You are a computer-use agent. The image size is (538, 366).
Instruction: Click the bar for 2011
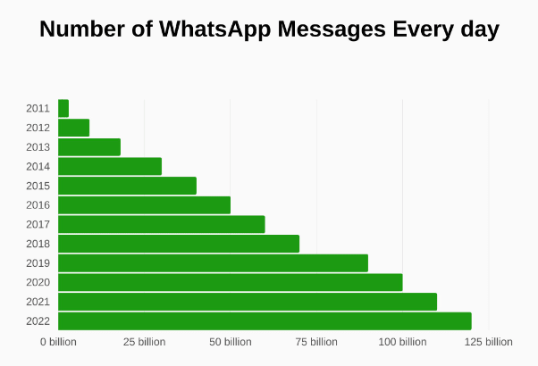[x=63, y=108]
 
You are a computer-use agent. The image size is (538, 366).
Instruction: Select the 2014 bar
[x=110, y=166]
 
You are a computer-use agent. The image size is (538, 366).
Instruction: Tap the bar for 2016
[x=145, y=205]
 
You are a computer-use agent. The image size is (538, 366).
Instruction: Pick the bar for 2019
[x=213, y=263]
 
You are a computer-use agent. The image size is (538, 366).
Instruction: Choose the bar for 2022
[x=265, y=321]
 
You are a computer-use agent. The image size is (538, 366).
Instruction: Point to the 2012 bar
[x=74, y=128]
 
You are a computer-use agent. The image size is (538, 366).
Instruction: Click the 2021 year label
[x=38, y=302]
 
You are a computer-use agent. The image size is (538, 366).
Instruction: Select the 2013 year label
[x=38, y=147]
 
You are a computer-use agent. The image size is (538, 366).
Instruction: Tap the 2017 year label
[x=38, y=224]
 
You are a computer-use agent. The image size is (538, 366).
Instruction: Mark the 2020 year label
[x=38, y=282]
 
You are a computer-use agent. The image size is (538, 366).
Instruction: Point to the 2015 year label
[x=38, y=186]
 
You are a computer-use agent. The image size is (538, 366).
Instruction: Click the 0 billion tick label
[x=58, y=342]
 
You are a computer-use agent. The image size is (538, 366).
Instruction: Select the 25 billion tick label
[x=145, y=342]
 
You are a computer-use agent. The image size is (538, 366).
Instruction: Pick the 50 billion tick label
[x=231, y=342]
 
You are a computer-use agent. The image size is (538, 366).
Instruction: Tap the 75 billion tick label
[x=316, y=342]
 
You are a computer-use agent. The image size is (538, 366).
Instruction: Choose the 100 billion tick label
[x=402, y=342]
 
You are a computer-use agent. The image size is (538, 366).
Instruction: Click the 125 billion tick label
[x=489, y=342]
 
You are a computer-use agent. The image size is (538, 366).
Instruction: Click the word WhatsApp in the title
[x=214, y=30]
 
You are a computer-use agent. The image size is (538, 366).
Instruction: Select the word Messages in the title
[x=332, y=30]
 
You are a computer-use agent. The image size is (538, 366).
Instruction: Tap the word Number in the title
[x=81, y=29]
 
